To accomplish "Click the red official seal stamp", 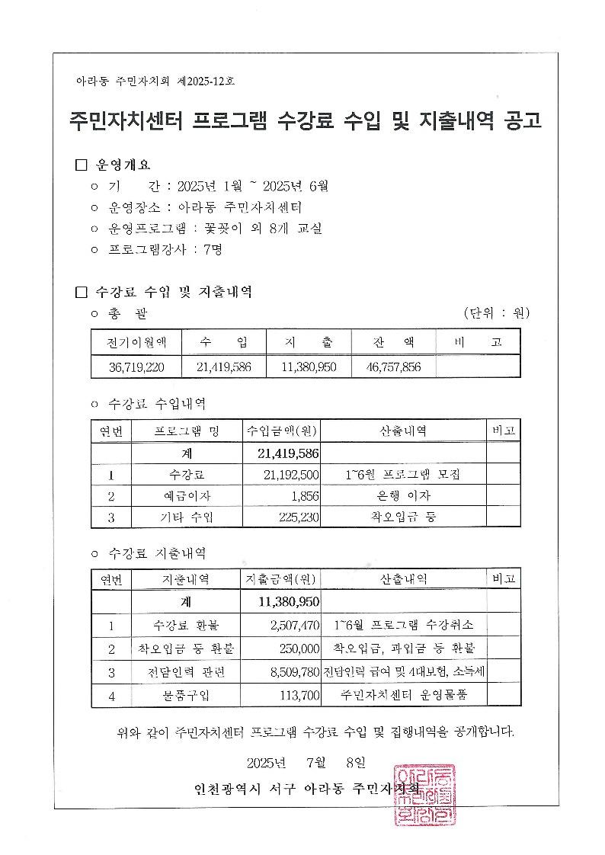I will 424,796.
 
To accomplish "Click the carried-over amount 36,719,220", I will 136,367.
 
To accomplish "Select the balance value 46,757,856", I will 393,367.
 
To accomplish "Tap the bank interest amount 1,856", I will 301,496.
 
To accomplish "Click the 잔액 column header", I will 393,343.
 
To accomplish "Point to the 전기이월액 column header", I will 136,343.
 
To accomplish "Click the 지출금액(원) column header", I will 281,579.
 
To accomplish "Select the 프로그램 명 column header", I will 186,431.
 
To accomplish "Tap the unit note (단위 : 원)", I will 497,313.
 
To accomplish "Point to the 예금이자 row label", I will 186,496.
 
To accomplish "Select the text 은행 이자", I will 403,496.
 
